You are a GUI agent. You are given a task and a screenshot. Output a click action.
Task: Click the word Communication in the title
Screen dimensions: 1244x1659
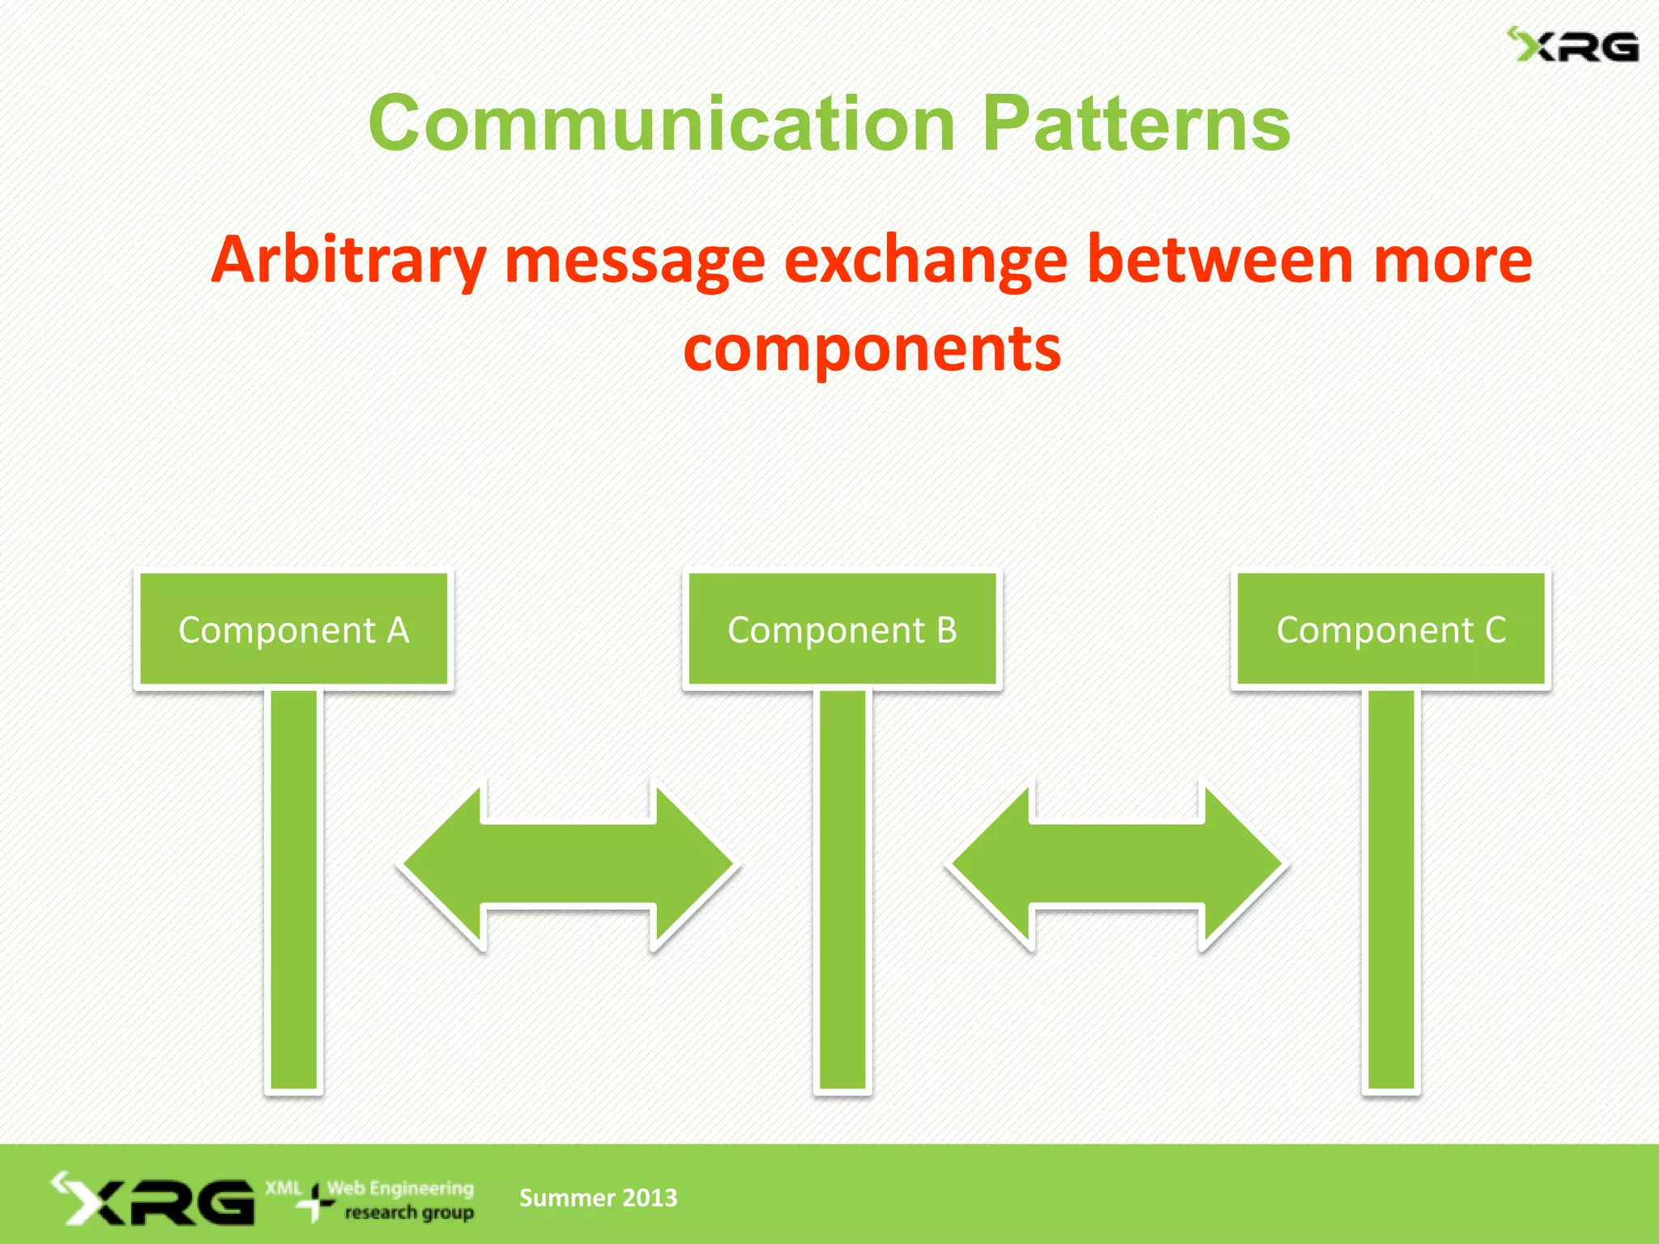click(x=662, y=123)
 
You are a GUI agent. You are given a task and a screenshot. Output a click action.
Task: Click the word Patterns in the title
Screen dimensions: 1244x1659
click(x=1136, y=123)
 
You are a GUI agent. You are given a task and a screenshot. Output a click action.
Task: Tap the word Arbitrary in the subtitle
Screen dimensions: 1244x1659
click(x=348, y=261)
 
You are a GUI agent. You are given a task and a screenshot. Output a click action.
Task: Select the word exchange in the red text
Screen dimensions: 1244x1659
click(x=926, y=261)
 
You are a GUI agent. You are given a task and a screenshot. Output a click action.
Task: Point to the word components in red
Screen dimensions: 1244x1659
click(x=872, y=348)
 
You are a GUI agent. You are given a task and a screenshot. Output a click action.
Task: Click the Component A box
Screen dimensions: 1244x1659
click(x=293, y=629)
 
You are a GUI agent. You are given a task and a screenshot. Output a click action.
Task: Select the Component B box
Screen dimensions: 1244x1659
click(x=842, y=629)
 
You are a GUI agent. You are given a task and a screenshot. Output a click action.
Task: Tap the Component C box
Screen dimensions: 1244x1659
click(x=1391, y=629)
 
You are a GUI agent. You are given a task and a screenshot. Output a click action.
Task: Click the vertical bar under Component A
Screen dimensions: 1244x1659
click(x=293, y=891)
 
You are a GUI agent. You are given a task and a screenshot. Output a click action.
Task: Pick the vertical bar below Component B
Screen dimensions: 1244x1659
click(x=842, y=891)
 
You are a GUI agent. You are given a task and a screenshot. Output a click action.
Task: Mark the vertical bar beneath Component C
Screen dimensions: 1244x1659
click(x=1391, y=891)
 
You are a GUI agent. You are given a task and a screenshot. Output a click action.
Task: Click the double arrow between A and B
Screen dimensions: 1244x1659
click(x=568, y=865)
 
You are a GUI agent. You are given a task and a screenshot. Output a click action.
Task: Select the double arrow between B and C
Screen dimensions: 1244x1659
click(x=1117, y=865)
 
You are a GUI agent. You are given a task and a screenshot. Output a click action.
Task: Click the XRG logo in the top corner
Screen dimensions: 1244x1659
click(x=1572, y=46)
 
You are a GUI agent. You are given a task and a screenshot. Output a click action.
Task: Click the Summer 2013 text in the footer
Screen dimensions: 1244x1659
click(x=598, y=1198)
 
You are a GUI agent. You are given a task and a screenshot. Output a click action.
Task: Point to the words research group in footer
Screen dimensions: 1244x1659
click(x=409, y=1212)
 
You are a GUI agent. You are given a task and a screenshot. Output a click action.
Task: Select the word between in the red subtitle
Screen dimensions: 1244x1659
click(x=1220, y=261)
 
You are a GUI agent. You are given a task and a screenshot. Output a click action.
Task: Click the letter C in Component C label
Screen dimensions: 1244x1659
click(x=1495, y=629)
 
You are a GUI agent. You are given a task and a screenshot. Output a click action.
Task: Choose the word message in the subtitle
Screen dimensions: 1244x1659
click(x=634, y=261)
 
